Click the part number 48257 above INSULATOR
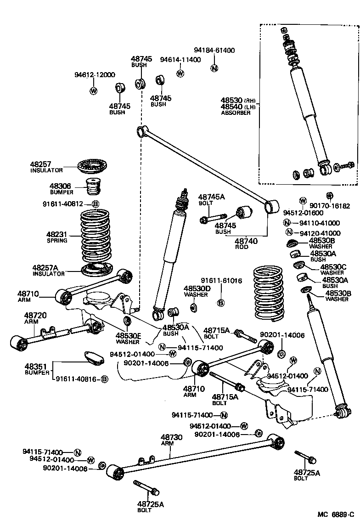click(x=40, y=164)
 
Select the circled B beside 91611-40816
click(x=104, y=379)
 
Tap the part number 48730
click(x=171, y=437)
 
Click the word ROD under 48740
click(x=242, y=247)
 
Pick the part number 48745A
click(x=211, y=197)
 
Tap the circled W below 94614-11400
click(x=180, y=73)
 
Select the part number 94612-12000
click(x=95, y=75)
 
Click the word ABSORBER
click(x=236, y=113)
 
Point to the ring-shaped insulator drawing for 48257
click(x=96, y=166)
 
